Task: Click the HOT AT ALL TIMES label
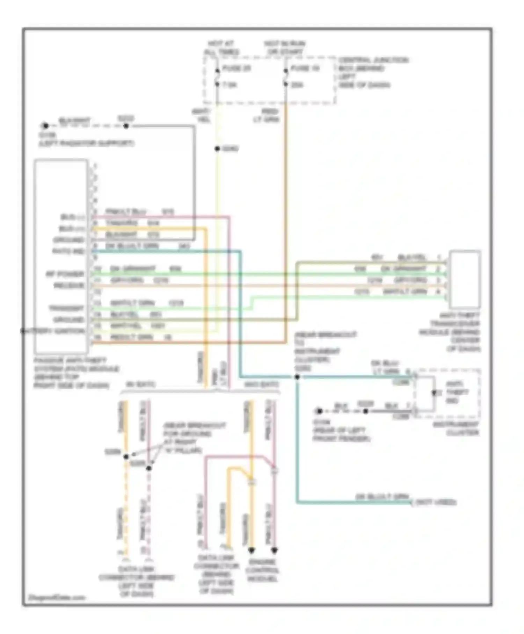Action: (221, 48)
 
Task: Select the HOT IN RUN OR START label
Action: (284, 48)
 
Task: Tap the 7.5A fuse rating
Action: (230, 85)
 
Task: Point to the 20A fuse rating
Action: (297, 85)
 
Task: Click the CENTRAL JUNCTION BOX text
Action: (372, 72)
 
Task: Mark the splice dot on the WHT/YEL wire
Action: (217, 149)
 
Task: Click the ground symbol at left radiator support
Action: (45, 126)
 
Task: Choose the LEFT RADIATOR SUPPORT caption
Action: (86, 143)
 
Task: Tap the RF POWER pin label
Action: (65, 274)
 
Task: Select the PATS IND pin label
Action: (68, 251)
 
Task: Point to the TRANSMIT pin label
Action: (66, 308)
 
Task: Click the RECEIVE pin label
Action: (69, 286)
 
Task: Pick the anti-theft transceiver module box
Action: (465, 279)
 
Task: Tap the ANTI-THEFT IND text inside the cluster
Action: (457, 392)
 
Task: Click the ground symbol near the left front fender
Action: (319, 411)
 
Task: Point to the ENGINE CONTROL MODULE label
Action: (262, 570)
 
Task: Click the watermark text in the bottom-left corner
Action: (57, 598)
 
